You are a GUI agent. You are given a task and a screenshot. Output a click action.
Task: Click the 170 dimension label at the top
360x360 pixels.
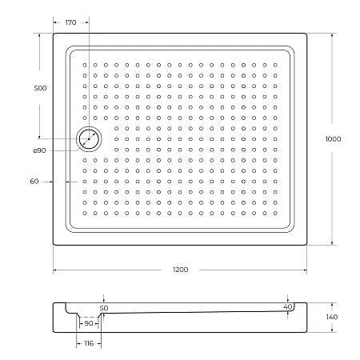(x=70, y=23)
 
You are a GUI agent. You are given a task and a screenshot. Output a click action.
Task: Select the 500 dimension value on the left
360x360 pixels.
(x=40, y=88)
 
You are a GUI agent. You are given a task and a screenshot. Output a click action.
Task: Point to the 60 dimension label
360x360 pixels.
(x=34, y=182)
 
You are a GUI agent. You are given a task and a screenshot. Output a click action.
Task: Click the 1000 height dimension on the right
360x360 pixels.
(x=333, y=139)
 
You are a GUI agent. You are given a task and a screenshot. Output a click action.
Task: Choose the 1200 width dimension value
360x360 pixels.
(x=180, y=270)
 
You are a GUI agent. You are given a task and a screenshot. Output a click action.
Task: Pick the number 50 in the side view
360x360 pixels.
(x=103, y=307)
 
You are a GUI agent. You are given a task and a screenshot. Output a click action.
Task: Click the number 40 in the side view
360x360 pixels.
(x=288, y=306)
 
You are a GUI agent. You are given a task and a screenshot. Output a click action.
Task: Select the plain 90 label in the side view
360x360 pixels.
(x=90, y=323)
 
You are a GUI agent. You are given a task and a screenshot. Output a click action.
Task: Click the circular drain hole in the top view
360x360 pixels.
(x=89, y=140)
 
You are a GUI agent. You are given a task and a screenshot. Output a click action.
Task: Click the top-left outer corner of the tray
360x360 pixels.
(x=54, y=34)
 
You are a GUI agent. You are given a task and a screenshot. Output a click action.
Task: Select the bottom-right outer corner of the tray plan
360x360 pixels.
(x=308, y=245)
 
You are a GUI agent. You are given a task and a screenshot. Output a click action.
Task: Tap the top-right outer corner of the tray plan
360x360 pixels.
(x=308, y=34)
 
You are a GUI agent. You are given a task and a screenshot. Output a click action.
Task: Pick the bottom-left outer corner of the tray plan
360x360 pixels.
(x=54, y=245)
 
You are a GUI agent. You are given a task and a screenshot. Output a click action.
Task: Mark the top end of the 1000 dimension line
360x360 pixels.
(x=333, y=34)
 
